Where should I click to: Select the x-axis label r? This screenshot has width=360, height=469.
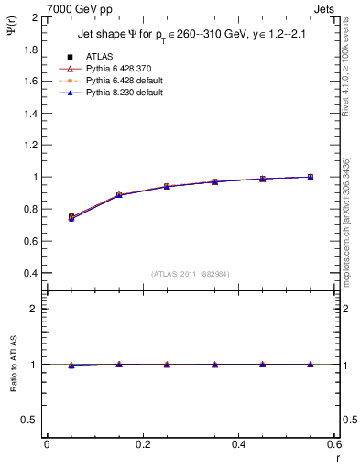coord(337,457)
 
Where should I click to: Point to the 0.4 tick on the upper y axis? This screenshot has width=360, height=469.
coord(32,273)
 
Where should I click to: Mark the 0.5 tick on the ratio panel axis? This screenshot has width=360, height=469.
coord(32,420)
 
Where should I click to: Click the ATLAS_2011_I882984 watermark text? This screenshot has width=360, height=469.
coord(191,274)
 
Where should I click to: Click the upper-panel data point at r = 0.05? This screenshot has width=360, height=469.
coord(71,217)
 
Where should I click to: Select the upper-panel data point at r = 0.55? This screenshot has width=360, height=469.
coord(311,177)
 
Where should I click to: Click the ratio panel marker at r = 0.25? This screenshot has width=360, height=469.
coord(167,365)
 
